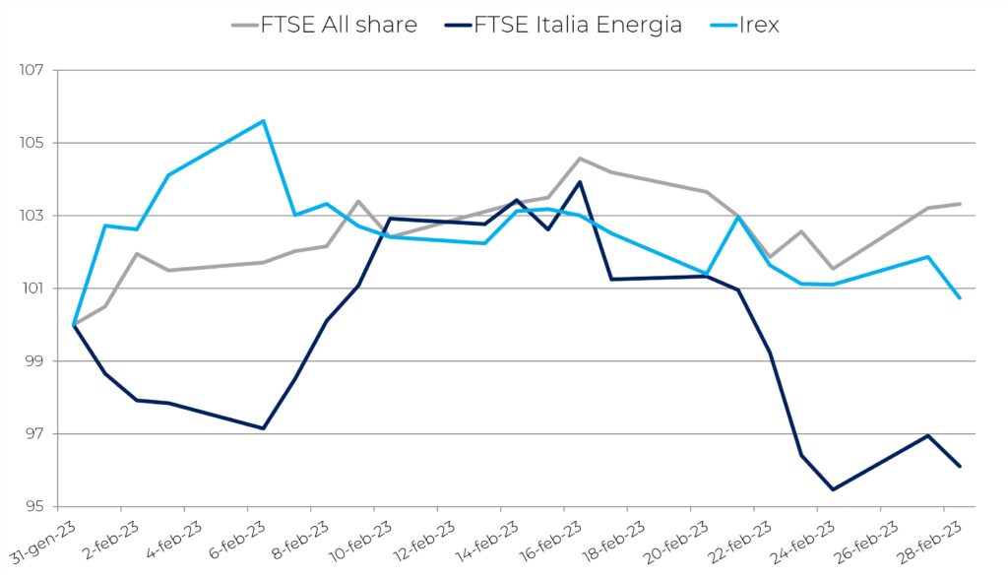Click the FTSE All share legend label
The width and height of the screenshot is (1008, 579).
[x=339, y=26]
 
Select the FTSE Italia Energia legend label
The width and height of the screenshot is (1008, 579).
[x=578, y=26]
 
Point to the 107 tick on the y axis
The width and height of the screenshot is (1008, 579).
[x=32, y=71]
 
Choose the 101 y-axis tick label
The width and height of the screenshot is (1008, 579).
[x=32, y=289]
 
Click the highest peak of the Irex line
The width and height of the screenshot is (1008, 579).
[x=263, y=121]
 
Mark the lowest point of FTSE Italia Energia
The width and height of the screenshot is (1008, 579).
[x=833, y=489]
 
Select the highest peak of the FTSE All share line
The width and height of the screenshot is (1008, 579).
[x=580, y=158]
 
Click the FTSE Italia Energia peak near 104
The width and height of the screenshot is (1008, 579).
[x=580, y=181]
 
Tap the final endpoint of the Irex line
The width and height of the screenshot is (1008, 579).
[x=960, y=298]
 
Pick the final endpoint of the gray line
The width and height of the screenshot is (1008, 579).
[x=960, y=204]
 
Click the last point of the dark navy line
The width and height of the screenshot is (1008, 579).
[x=960, y=467]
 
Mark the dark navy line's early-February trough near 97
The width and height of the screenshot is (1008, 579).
[x=263, y=428]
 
